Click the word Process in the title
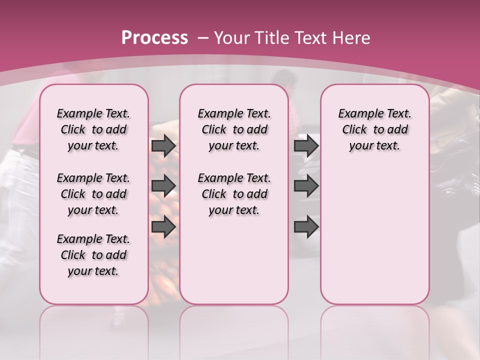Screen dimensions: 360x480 click(154, 38)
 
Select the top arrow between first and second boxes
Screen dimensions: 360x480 click(163, 146)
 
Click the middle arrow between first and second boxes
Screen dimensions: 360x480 click(163, 186)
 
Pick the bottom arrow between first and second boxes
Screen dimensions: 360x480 click(163, 226)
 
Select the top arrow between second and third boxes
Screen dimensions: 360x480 click(306, 146)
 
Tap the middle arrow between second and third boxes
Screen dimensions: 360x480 click(306, 186)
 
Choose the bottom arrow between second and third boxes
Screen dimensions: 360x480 click(306, 226)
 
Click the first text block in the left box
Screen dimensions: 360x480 click(93, 129)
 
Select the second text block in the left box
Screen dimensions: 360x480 click(93, 194)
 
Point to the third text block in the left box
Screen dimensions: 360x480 click(93, 255)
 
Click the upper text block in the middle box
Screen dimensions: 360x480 click(234, 129)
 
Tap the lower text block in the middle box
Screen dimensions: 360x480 click(234, 194)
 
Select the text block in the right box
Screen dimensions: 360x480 click(374, 129)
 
